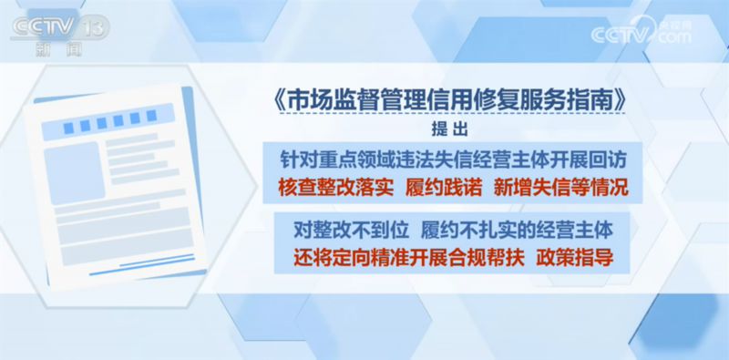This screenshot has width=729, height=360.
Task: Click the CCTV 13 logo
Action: click(61, 36)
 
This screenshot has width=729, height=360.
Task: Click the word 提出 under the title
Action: click(449, 129)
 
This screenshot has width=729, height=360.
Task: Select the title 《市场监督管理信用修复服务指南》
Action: click(448, 102)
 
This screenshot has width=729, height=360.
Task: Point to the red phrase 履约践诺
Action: click(443, 189)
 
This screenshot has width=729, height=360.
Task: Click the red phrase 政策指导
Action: click(575, 257)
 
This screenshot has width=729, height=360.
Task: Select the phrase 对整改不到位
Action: click(351, 230)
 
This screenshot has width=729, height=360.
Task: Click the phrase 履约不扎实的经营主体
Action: click(517, 230)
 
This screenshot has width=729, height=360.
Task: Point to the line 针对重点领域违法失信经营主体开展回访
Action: click(453, 161)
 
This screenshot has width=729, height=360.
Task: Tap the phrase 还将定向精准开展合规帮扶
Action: click(409, 257)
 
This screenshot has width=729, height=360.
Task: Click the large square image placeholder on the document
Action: click(75, 173)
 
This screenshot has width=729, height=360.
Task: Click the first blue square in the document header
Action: click(69, 128)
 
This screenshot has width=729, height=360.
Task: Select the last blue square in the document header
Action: click(151, 116)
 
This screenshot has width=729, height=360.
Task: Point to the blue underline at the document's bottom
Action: click(142, 265)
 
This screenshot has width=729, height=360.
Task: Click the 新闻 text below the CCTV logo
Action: click(58, 49)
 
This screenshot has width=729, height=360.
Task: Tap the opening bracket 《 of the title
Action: click(280, 102)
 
